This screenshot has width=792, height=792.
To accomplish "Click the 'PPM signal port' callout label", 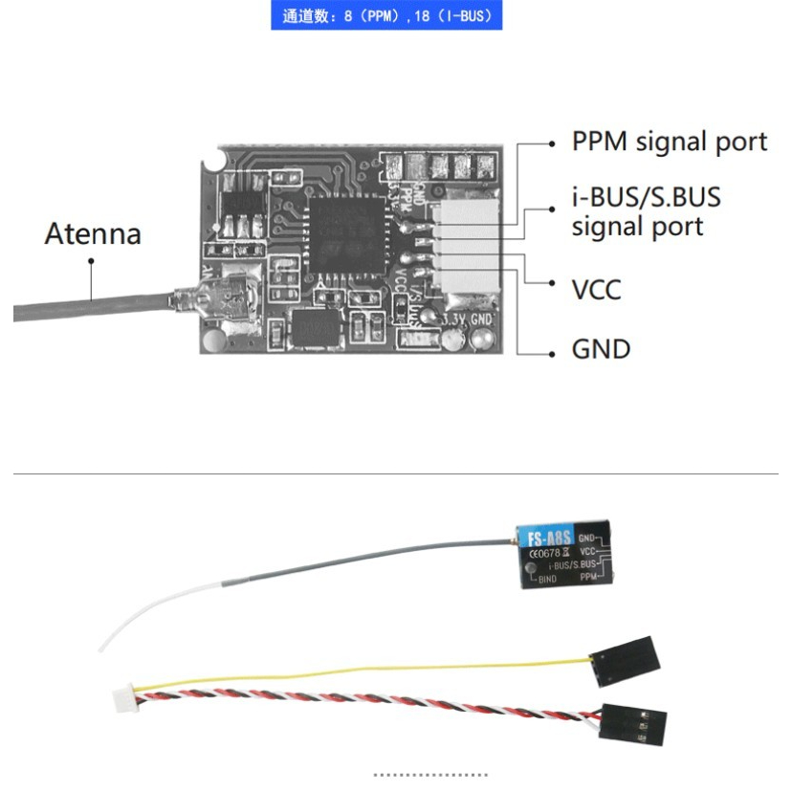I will coord(669,143).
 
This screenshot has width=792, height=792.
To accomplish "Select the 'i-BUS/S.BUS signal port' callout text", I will coord(646,212).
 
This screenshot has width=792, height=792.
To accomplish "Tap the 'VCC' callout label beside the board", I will coord(596,289).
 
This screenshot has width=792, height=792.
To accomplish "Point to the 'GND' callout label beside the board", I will coord(601,348).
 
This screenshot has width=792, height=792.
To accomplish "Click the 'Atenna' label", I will coord(93,234).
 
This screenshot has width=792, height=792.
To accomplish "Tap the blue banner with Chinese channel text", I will coord(386,16).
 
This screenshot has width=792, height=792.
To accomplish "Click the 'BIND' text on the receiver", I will coord(547,579).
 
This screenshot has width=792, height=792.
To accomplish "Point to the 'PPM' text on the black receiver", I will coord(592,578).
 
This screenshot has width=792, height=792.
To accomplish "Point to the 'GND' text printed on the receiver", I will coord(588,539).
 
